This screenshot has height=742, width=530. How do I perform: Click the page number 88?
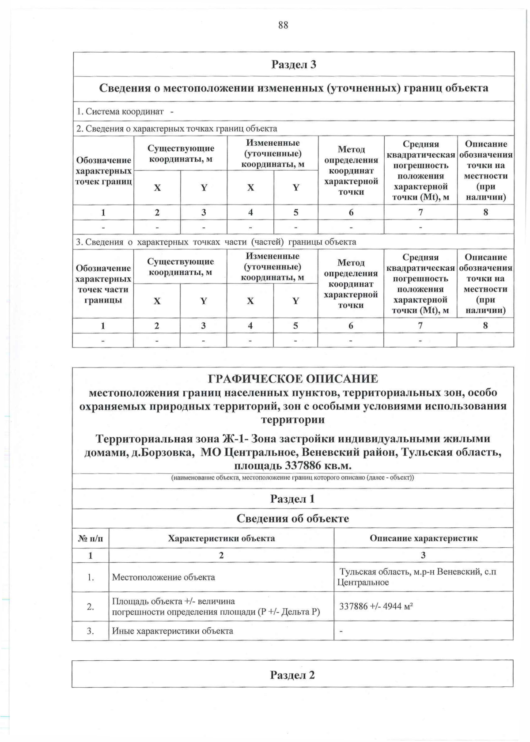[x=283, y=25]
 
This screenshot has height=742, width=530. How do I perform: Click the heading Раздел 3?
[x=294, y=64]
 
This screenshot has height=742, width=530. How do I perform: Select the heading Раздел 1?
[x=292, y=499]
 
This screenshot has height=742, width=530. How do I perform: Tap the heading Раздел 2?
[x=292, y=675]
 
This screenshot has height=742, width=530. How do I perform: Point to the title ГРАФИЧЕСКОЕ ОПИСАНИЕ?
[x=293, y=379]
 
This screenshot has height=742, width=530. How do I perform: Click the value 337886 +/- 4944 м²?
[x=376, y=606]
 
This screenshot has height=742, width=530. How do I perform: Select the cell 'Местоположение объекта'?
[x=163, y=577]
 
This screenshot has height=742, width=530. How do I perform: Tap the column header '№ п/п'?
[x=91, y=538]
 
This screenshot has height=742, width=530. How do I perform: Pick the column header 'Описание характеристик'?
[x=423, y=538]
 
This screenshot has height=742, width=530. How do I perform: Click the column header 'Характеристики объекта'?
[x=221, y=538]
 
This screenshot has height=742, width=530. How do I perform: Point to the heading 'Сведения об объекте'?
[x=292, y=519]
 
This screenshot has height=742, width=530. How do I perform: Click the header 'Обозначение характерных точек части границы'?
[x=103, y=284]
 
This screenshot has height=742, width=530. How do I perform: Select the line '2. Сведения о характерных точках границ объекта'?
[x=177, y=129]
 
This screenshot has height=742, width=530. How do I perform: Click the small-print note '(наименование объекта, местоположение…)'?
[x=292, y=478]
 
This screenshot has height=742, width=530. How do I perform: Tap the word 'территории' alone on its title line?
[x=293, y=420]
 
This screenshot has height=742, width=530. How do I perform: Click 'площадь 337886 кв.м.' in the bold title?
[x=293, y=466]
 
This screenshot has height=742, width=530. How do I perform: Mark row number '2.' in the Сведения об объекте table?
[x=91, y=606]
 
